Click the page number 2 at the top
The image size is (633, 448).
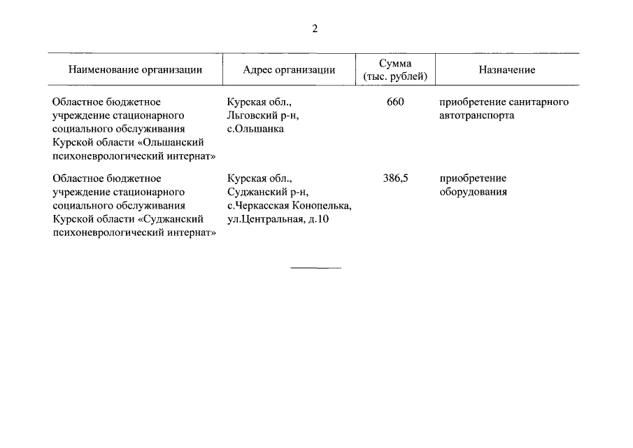[x=315, y=29]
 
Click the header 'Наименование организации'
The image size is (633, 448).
[x=135, y=70]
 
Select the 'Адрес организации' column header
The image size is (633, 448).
[x=289, y=70]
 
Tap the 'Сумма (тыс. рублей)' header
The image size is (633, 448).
[x=395, y=70]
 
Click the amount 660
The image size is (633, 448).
[x=395, y=102]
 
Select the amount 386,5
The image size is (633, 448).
[x=395, y=178]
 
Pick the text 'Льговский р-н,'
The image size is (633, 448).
[x=258, y=115]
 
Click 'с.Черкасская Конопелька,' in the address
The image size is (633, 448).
[x=290, y=206]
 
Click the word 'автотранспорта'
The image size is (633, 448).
[x=476, y=115]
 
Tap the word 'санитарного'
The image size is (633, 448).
[x=536, y=102]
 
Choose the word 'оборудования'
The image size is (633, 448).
[x=473, y=192]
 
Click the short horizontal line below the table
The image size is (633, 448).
[x=315, y=267]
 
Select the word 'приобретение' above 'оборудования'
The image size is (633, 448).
[x=473, y=178]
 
